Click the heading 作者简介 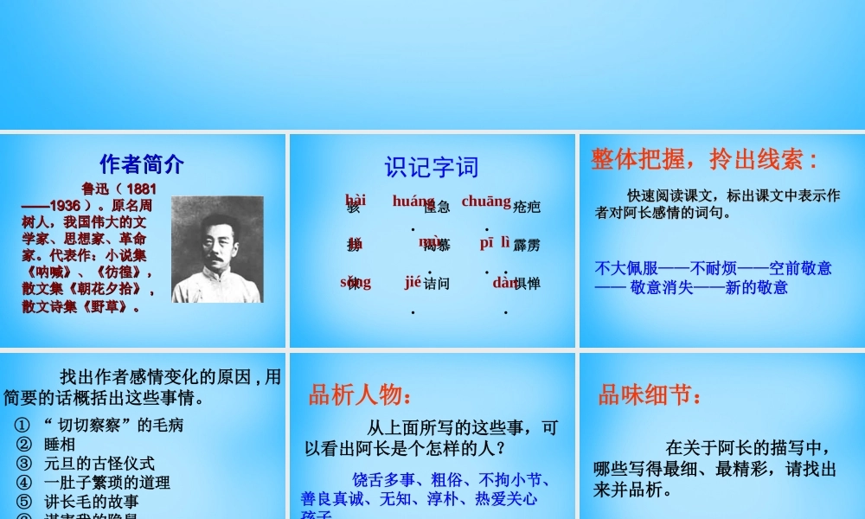pyautogui.click(x=142, y=164)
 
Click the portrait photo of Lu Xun pyautogui.click(x=217, y=249)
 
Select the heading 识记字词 pyautogui.click(x=431, y=167)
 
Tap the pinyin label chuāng pyautogui.click(x=485, y=202)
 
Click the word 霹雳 pyautogui.click(x=526, y=246)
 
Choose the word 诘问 pyautogui.click(x=437, y=283)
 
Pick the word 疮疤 pyautogui.click(x=526, y=207)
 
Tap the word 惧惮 pyautogui.click(x=526, y=283)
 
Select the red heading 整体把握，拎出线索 pyautogui.click(x=704, y=160)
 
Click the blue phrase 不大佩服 pyautogui.click(x=626, y=268)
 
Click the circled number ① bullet pyautogui.click(x=24, y=426)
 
